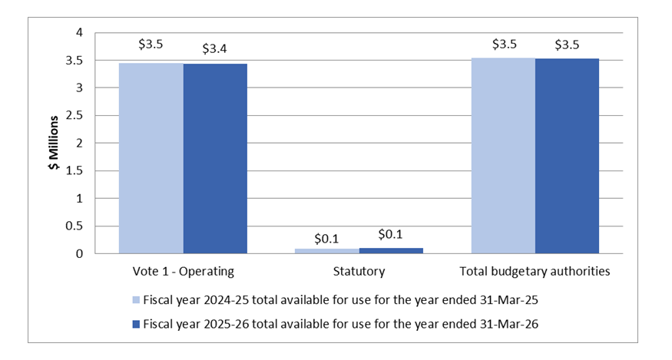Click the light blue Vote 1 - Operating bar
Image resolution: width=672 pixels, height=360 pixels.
[151, 158]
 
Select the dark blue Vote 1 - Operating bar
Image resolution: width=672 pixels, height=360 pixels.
[215, 158]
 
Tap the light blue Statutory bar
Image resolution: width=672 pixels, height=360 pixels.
[327, 250]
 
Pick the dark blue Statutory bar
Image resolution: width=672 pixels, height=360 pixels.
[391, 250]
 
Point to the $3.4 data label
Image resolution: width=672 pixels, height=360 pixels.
[214, 49]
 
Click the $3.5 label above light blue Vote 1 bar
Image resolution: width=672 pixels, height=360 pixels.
[151, 44]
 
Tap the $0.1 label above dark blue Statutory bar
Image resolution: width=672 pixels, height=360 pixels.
[391, 235]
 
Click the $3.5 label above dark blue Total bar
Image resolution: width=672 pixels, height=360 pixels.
[567, 45]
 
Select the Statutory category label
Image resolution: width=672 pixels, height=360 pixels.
[359, 271]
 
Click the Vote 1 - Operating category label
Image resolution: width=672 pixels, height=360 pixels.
[183, 271]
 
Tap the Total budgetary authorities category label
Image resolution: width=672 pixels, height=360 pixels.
[535, 271]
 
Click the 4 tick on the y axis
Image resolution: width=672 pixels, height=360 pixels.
[79, 32]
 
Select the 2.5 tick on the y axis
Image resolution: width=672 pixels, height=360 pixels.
[75, 115]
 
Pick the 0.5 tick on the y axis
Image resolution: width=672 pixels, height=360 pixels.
[75, 226]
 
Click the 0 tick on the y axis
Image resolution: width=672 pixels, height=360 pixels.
[79, 253]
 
